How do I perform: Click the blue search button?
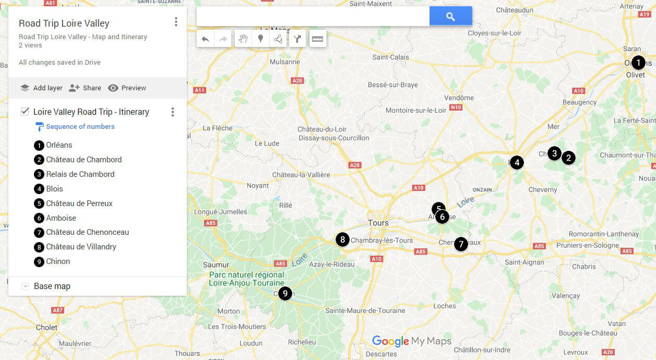[450, 17]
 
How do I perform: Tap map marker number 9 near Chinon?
[284, 293]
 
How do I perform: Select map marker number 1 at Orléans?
[638, 63]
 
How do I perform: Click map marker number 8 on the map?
[342, 239]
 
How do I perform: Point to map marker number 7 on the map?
[460, 244]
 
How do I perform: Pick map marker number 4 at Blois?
[517, 162]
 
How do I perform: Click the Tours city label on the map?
[378, 223]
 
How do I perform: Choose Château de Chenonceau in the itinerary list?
[87, 232]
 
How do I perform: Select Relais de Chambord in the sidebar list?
[80, 174]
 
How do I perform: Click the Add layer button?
[41, 88]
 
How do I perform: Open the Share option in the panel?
[85, 88]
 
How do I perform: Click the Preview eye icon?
[113, 88]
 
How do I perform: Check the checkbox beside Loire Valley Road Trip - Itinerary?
[25, 111]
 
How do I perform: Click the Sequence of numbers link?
[80, 126]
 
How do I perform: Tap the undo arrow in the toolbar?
[206, 39]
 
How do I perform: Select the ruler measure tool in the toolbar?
[317, 39]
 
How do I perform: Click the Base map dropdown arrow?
[25, 286]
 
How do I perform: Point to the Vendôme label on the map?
[459, 98]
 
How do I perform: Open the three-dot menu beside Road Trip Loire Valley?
[176, 22]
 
